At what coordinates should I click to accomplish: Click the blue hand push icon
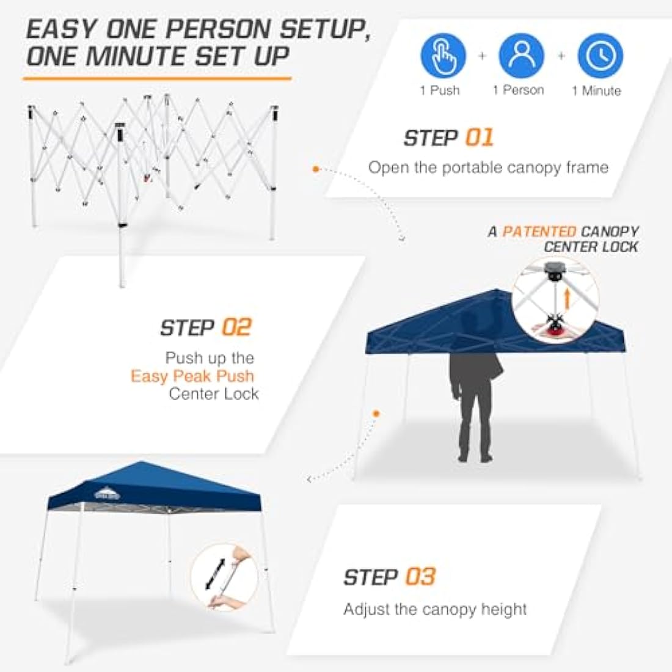[443, 56]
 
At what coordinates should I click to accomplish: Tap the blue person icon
[521, 56]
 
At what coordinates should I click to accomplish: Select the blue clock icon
[600, 56]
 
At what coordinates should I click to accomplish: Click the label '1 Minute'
[596, 91]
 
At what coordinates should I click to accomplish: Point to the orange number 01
[479, 137]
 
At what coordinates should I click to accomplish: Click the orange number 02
[236, 327]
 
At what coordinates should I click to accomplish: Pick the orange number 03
[420, 577]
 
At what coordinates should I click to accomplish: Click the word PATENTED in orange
[539, 232]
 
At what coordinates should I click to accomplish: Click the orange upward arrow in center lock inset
[567, 299]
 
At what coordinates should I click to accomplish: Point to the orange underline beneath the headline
[157, 78]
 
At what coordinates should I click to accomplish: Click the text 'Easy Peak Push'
[192, 376]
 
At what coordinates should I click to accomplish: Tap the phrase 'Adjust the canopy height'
[435, 609]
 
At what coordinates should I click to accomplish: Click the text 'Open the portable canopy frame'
[488, 167]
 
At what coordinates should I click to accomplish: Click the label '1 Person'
[518, 90]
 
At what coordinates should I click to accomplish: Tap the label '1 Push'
[440, 90]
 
